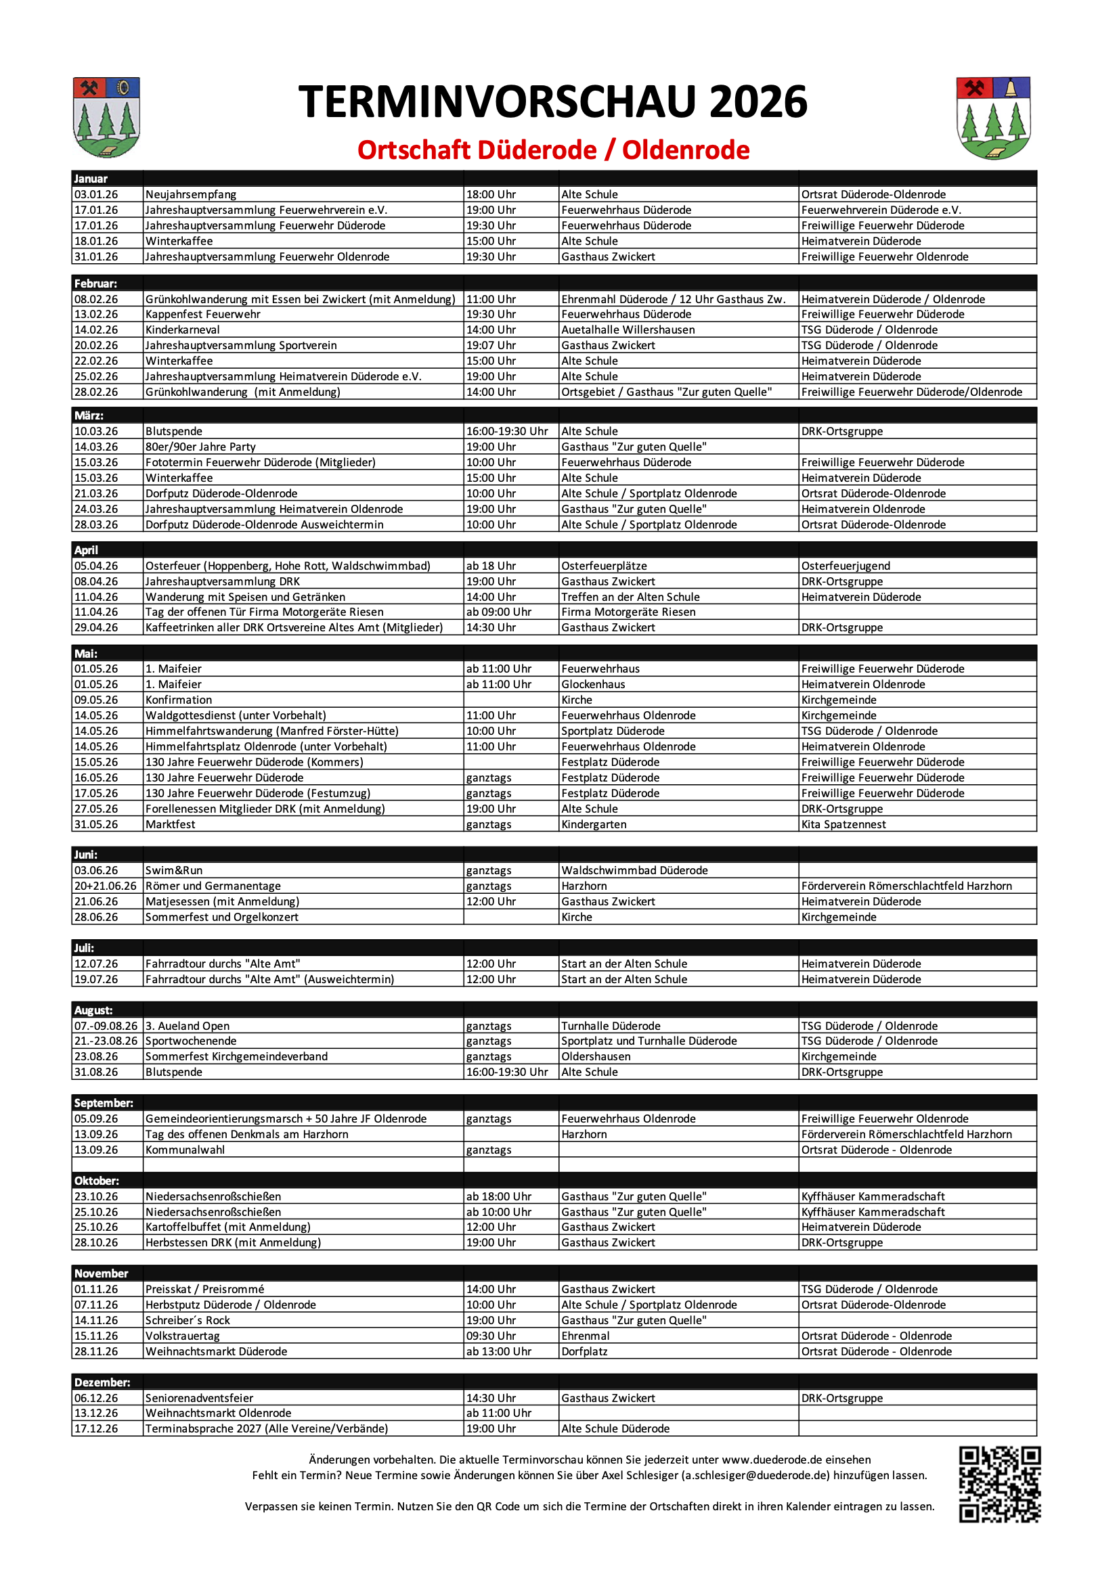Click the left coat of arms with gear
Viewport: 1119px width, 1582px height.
(106, 117)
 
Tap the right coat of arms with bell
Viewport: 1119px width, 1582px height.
(993, 118)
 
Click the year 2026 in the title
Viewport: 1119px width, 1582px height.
(758, 102)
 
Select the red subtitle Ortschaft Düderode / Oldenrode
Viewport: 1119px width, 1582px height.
(553, 150)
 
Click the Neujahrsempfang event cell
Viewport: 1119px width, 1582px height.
(191, 195)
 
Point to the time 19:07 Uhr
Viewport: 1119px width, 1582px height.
(491, 345)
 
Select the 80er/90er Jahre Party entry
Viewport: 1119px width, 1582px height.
(200, 447)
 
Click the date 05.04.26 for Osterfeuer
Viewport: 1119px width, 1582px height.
(97, 566)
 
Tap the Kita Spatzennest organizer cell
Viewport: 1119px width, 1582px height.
(843, 824)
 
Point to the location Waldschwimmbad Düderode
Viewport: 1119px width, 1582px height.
(634, 870)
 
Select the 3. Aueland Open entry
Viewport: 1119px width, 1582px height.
(188, 1026)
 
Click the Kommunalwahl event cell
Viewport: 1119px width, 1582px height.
(185, 1150)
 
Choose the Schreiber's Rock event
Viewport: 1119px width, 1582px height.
(188, 1320)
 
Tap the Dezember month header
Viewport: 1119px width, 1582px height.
(102, 1382)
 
